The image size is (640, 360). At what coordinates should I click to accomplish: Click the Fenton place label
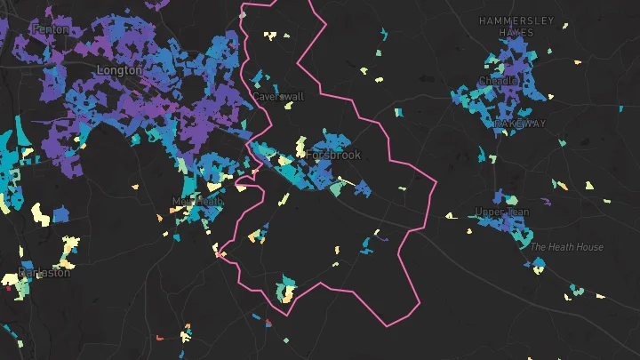tap(50, 29)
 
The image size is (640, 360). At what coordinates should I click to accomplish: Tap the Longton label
tap(119, 69)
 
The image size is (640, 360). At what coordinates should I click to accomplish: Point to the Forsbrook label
tap(333, 155)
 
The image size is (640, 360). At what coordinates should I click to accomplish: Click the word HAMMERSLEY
tap(516, 20)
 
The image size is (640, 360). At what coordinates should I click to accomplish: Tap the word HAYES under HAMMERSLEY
tap(516, 32)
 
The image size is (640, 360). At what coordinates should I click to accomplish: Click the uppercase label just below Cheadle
tap(520, 124)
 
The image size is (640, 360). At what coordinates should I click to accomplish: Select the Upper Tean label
tap(502, 212)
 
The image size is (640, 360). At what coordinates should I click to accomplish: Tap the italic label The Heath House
tap(567, 247)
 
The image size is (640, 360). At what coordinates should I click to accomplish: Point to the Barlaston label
tap(44, 273)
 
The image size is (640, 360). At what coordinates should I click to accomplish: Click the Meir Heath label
tap(196, 202)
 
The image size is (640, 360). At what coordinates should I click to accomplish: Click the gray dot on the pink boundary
tap(243, 14)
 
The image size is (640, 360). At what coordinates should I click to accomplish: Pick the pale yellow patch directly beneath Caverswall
tap(288, 106)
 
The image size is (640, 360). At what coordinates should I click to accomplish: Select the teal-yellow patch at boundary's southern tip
tap(286, 290)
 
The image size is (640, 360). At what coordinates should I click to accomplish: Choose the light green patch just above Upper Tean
tap(510, 196)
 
